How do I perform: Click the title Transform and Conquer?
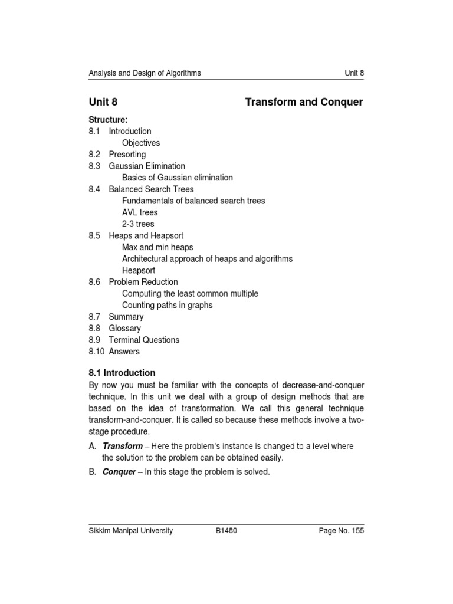pos(304,103)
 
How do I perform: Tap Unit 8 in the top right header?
pos(354,73)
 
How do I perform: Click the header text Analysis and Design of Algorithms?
pos(145,73)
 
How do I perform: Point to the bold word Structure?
pos(109,120)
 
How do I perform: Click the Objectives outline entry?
pos(141,143)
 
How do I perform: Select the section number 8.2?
pos(95,155)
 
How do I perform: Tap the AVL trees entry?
pos(140,212)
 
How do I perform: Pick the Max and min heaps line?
pos(157,247)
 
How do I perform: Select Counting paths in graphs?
pos(167,305)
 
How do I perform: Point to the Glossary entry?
pos(125,329)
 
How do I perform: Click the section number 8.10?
pos(97,352)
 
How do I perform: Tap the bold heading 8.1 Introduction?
pos(122,373)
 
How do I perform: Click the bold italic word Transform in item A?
pos(123,446)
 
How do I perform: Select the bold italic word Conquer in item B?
pos(119,472)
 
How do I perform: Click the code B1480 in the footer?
pos(227,531)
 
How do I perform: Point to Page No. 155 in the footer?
pos(341,531)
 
